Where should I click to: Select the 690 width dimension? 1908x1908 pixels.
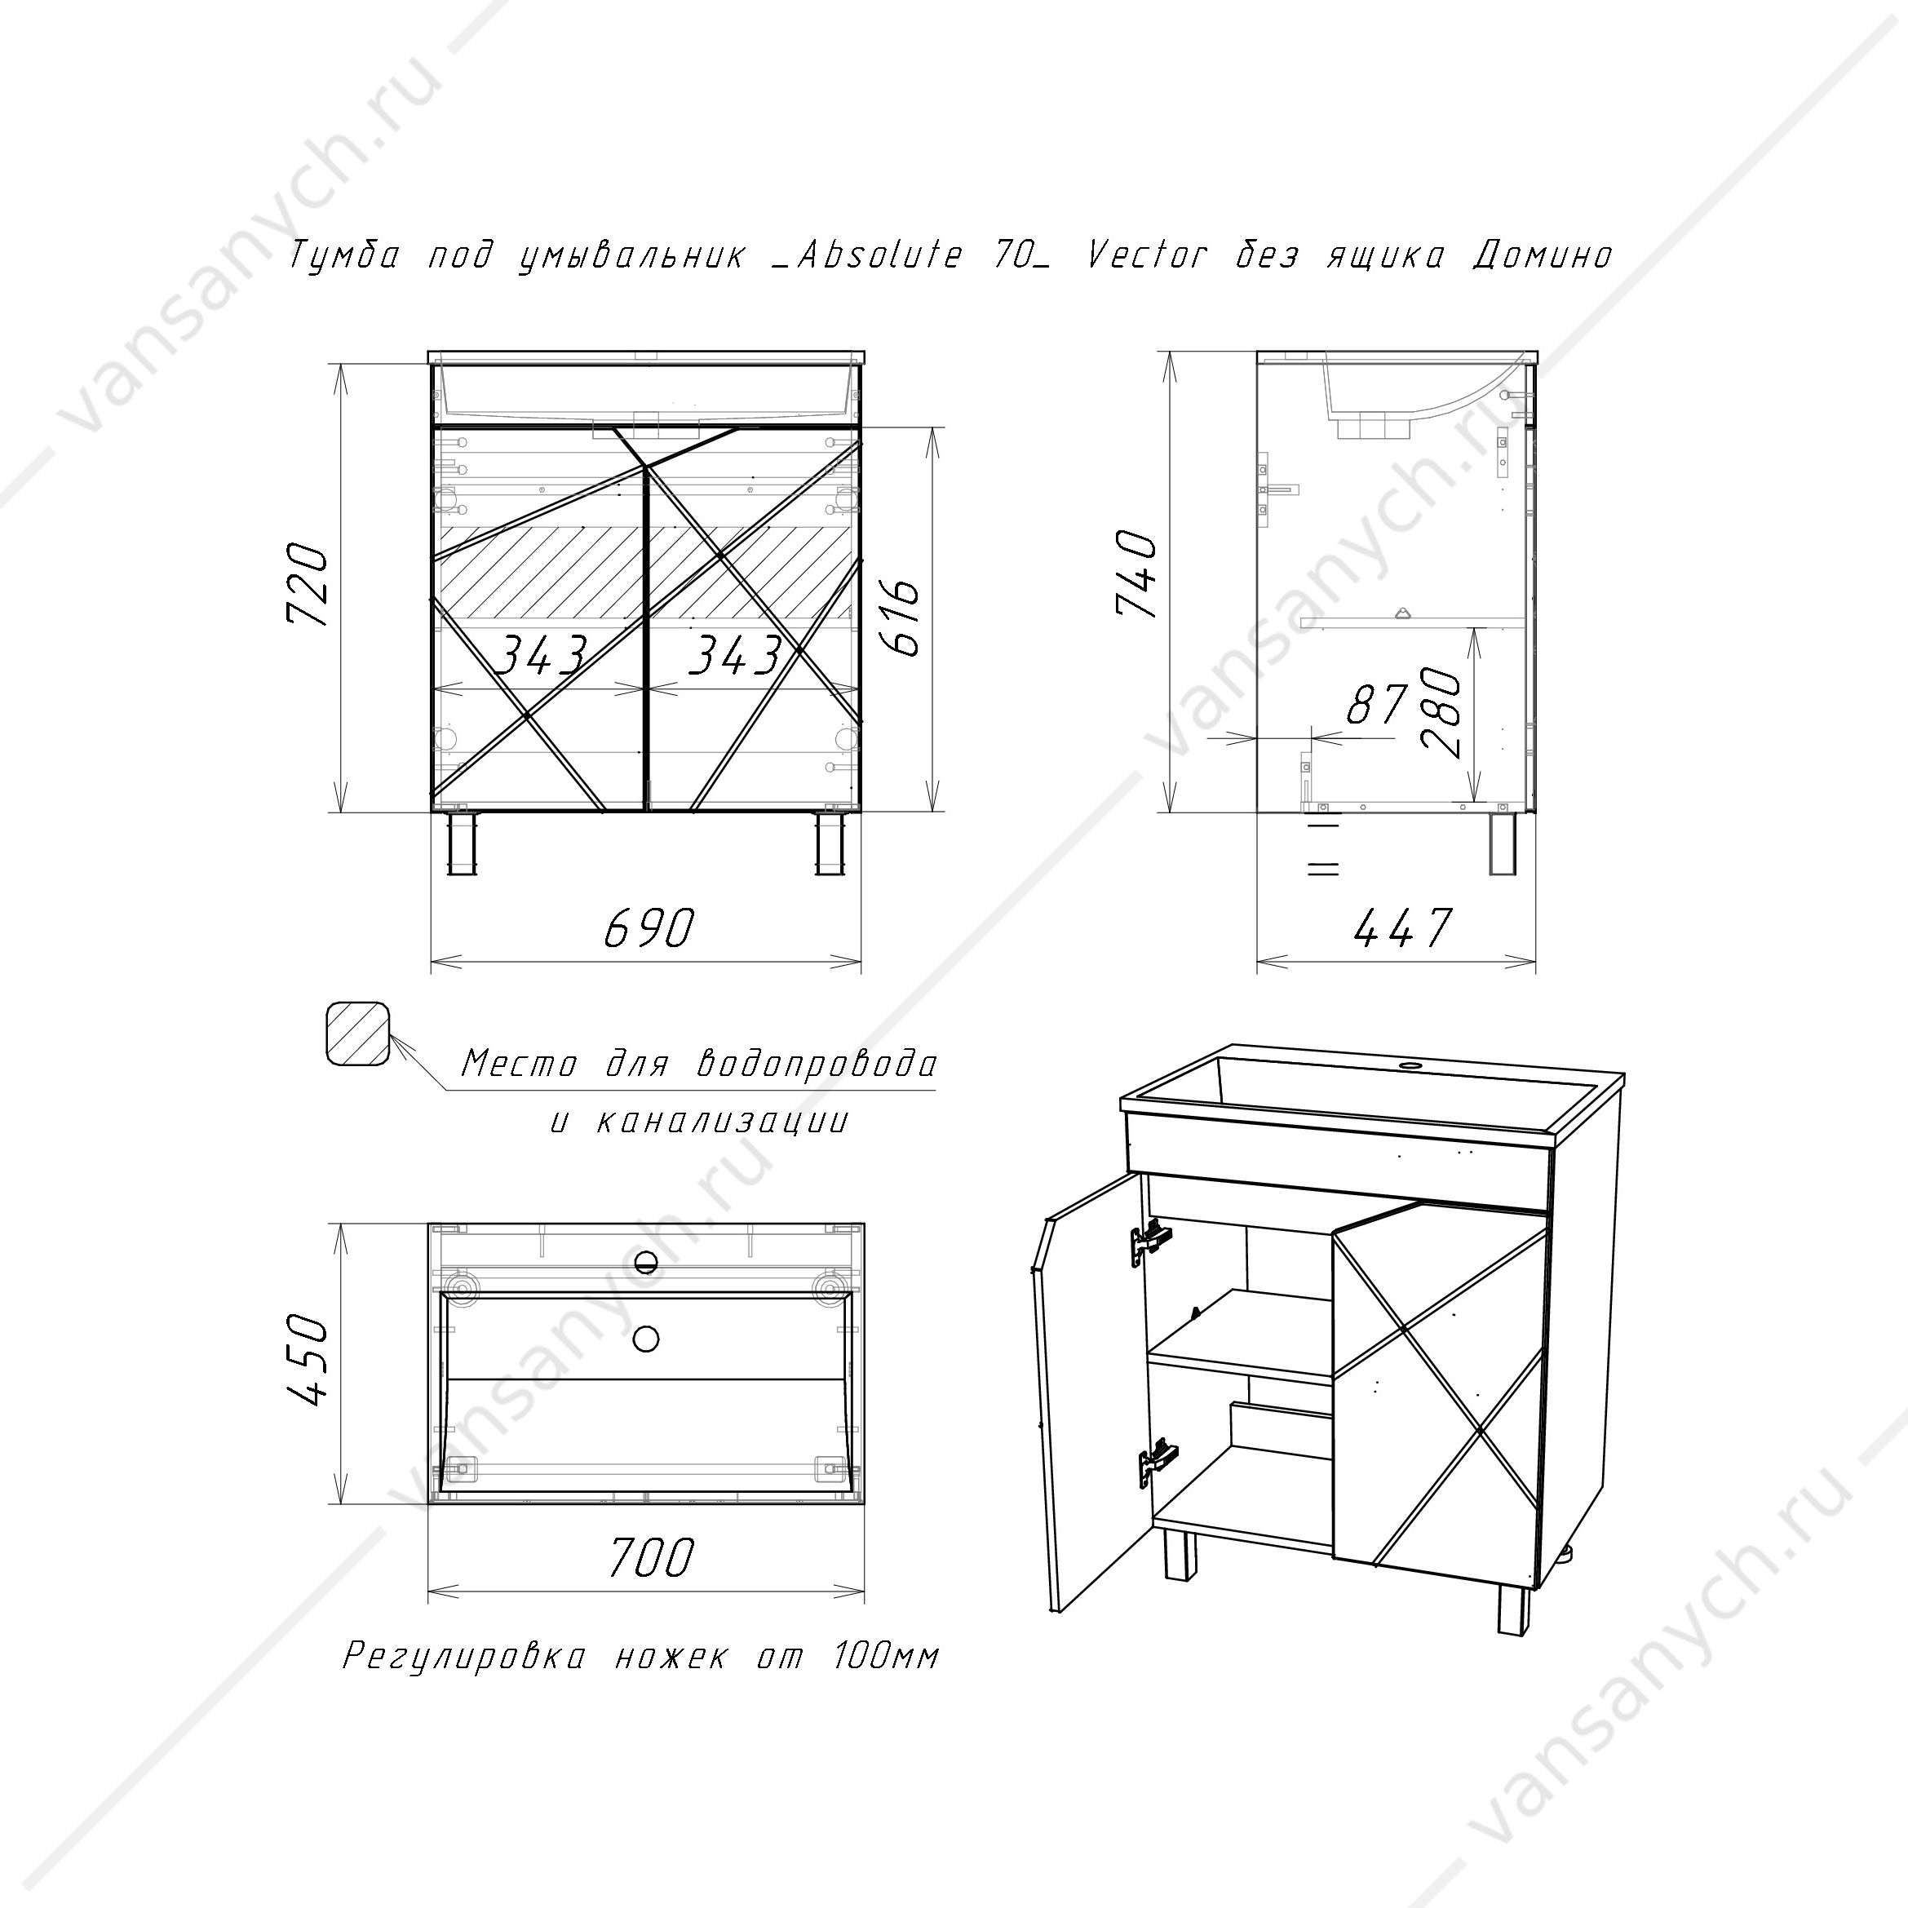[x=649, y=927]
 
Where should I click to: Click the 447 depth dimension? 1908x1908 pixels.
[x=1402, y=927]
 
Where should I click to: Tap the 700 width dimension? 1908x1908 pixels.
[x=650, y=1557]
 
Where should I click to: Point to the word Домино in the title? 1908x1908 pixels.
[x=1542, y=257]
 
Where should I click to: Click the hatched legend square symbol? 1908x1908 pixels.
[x=358, y=1034]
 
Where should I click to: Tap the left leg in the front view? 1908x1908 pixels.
[x=461, y=844]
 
